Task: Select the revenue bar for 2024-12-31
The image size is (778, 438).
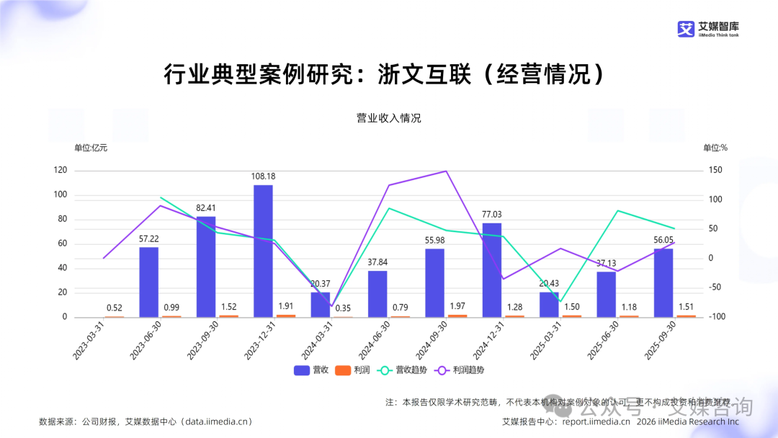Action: tap(492, 269)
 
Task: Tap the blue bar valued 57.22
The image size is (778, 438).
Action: tap(148, 282)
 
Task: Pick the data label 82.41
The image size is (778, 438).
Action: tap(206, 208)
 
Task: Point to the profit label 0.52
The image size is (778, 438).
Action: tap(114, 308)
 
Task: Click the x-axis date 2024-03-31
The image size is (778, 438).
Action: tap(316, 341)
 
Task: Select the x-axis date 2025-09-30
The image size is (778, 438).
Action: tap(659, 341)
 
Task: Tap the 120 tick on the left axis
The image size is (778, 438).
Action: tap(61, 171)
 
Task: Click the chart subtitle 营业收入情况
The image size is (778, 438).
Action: tap(389, 119)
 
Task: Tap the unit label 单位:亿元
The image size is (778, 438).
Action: tap(91, 148)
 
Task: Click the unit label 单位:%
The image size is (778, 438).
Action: tap(715, 148)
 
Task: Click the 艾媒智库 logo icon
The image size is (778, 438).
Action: tap(685, 29)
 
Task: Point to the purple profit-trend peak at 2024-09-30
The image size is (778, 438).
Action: tap(446, 171)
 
